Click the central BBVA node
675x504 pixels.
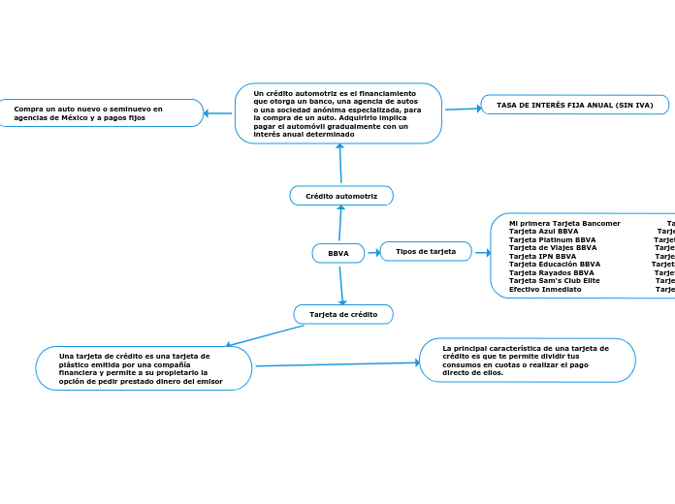coord(338,253)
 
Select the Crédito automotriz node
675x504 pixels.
coord(341,196)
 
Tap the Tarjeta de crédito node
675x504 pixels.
coord(343,314)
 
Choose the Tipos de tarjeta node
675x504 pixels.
coord(426,251)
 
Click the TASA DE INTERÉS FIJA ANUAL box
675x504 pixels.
coord(574,105)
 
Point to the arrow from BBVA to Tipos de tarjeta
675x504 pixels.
coord(372,252)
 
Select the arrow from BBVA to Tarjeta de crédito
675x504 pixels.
coord(341,285)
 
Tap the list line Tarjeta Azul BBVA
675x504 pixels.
coord(543,232)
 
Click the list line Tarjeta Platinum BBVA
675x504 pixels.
coord(552,239)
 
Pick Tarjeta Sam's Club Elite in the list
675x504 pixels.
coord(554,281)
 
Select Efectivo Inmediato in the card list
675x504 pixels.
coord(545,289)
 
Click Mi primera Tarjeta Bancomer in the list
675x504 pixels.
coord(564,223)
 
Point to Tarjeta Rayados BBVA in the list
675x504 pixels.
coord(551,272)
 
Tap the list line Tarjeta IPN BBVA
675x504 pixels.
coord(542,256)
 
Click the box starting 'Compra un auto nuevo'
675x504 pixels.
coord(101,113)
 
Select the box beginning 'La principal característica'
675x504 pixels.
coord(527,360)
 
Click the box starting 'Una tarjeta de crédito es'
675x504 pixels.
coord(143,368)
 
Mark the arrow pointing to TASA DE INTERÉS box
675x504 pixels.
coord(463,109)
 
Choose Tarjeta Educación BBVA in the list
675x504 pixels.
coord(554,265)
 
